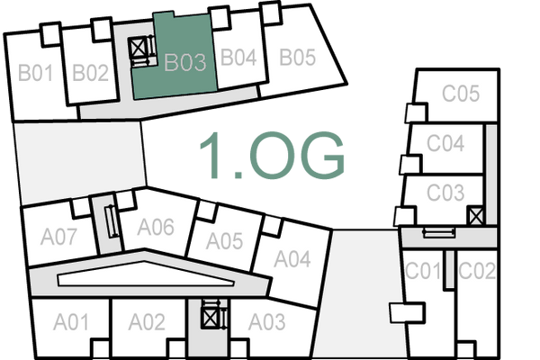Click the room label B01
(x=36, y=73)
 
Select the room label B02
(x=91, y=73)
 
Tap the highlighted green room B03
(x=185, y=63)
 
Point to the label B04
(x=239, y=58)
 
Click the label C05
(x=460, y=94)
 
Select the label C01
(x=423, y=270)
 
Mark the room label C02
(x=477, y=270)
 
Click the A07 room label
(x=60, y=238)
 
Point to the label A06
(x=155, y=227)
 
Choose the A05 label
(x=225, y=241)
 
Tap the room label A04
(x=292, y=260)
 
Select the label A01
(x=71, y=321)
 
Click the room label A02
(x=147, y=321)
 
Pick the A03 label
(x=267, y=321)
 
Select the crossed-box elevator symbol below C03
(x=476, y=216)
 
